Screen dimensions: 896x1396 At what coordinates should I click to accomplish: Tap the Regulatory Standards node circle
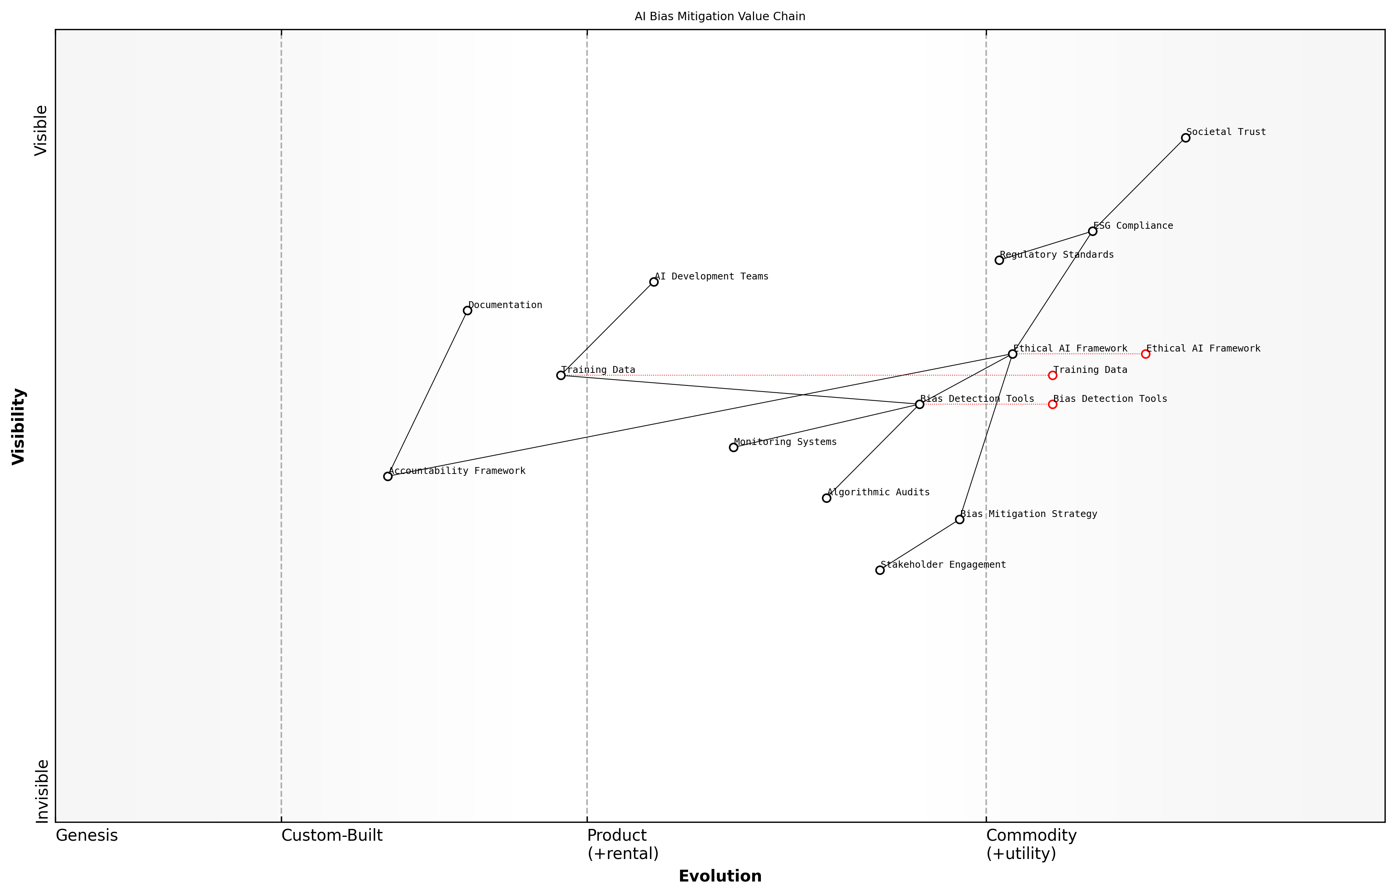click(999, 260)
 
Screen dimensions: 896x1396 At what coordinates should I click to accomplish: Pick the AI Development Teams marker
click(654, 282)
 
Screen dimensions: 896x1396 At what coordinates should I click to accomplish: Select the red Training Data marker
click(1052, 375)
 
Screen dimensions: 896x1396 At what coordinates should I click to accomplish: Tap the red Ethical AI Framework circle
click(1145, 354)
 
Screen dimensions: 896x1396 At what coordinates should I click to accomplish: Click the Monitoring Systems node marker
click(733, 447)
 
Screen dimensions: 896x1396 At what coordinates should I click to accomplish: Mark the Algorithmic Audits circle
click(826, 498)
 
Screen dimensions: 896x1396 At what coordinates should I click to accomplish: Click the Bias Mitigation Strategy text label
click(1029, 514)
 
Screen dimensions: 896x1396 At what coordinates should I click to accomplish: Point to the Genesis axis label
click(87, 835)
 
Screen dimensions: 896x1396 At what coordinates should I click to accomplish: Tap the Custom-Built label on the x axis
click(332, 835)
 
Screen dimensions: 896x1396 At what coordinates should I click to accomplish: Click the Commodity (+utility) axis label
click(1031, 844)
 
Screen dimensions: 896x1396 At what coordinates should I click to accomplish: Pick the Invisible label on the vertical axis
click(42, 791)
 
